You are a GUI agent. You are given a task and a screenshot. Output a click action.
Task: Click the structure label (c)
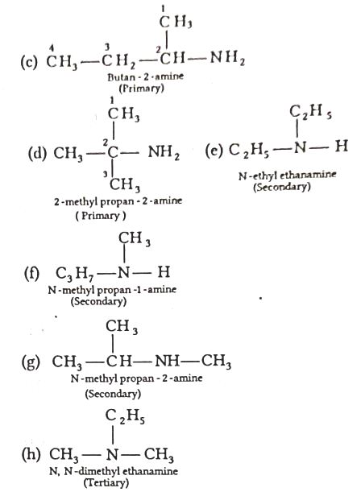pyautogui.click(x=28, y=61)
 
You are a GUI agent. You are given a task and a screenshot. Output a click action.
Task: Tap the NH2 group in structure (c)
pyautogui.click(x=227, y=58)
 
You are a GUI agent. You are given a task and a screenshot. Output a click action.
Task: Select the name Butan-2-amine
pyautogui.click(x=145, y=76)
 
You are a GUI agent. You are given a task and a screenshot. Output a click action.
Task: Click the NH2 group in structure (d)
pyautogui.click(x=164, y=153)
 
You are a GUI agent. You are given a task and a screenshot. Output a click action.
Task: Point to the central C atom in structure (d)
pyautogui.click(x=113, y=153)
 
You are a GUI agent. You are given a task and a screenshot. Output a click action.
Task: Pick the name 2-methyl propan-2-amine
pyautogui.click(x=118, y=201)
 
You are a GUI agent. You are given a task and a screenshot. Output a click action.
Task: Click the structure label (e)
pyautogui.click(x=214, y=150)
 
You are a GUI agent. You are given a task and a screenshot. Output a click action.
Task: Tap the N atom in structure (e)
pyautogui.click(x=299, y=147)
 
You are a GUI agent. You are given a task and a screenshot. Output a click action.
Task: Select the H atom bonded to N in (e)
pyautogui.click(x=341, y=146)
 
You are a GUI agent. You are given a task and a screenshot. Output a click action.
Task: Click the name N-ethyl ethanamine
pyautogui.click(x=287, y=175)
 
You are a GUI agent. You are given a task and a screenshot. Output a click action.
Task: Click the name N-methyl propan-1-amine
pyautogui.click(x=112, y=290)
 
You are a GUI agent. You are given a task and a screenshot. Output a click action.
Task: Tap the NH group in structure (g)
pyautogui.click(x=167, y=362)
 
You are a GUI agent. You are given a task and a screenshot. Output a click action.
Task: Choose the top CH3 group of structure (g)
pyautogui.click(x=122, y=327)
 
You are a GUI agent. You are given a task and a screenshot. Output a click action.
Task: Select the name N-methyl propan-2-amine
pyautogui.click(x=136, y=378)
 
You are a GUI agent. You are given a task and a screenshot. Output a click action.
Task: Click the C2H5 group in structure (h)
pyautogui.click(x=125, y=416)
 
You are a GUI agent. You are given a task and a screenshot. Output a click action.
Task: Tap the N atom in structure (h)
pyautogui.click(x=112, y=454)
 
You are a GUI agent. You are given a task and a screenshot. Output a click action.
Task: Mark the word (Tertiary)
pyautogui.click(x=106, y=482)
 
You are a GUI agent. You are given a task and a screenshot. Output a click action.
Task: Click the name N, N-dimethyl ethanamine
pyautogui.click(x=114, y=471)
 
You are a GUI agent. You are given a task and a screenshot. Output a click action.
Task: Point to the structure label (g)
pyautogui.click(x=31, y=362)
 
